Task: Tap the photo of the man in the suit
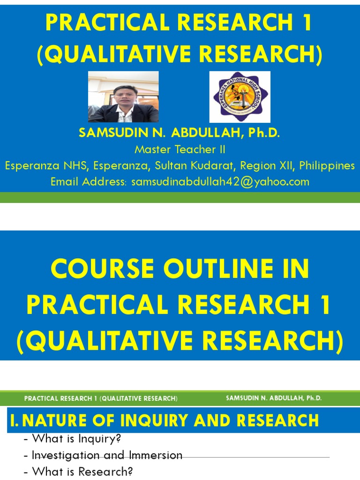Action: click(123, 97)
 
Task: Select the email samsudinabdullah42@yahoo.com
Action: click(220, 182)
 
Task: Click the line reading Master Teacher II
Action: click(180, 150)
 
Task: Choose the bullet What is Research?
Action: click(78, 472)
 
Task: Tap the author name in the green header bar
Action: click(274, 398)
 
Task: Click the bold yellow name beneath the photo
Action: click(180, 133)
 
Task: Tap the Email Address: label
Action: click(89, 182)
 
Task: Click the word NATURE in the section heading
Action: click(57, 420)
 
